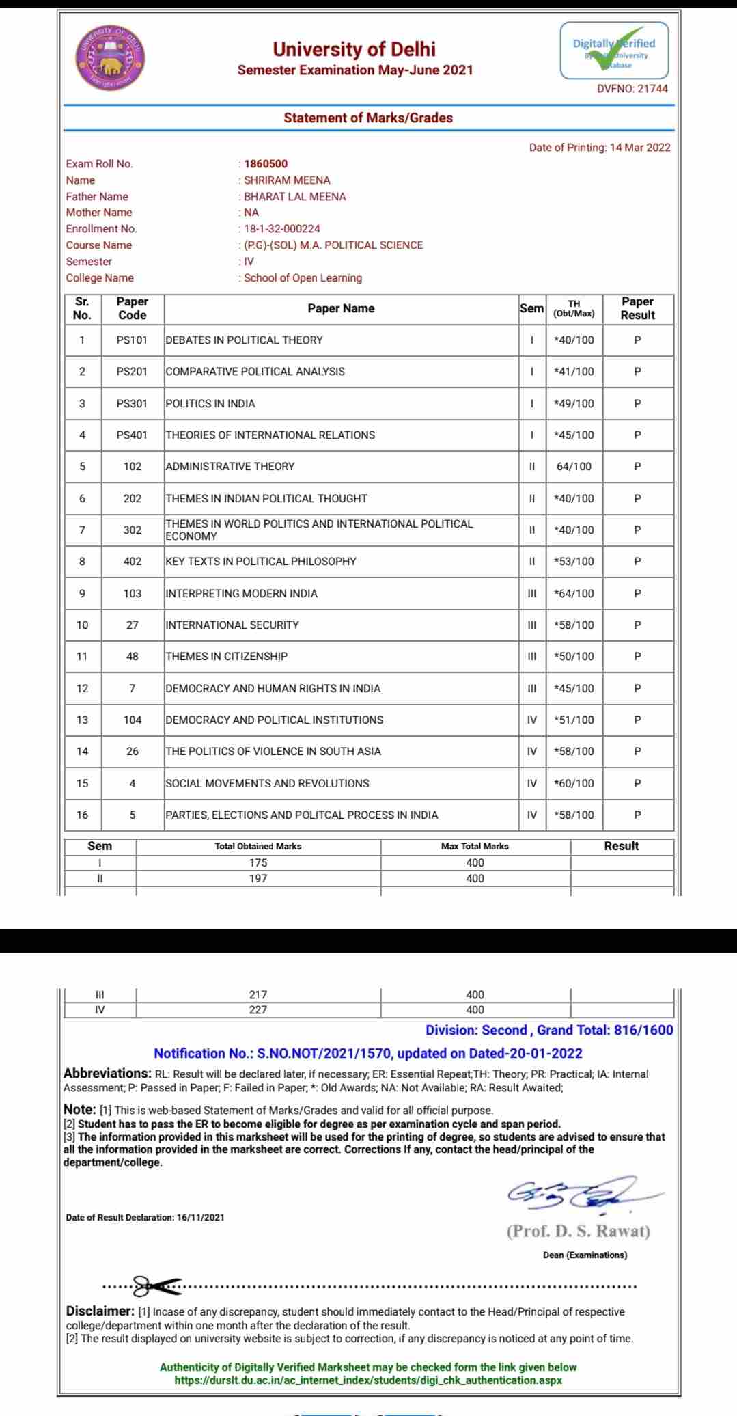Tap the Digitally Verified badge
(x=614, y=50)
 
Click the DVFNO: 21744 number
(x=632, y=89)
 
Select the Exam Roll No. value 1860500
(x=266, y=164)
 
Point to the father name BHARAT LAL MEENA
(x=294, y=197)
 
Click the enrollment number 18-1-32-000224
(x=281, y=229)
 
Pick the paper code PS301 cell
(x=132, y=404)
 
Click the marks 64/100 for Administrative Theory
(x=574, y=467)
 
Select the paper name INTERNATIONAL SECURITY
(x=232, y=625)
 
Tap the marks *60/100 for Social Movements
(x=574, y=784)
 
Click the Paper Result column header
(x=637, y=309)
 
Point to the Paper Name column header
(x=341, y=309)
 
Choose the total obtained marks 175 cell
(x=258, y=863)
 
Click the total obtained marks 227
(x=258, y=1010)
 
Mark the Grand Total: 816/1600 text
(x=604, y=1031)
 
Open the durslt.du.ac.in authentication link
(x=368, y=1380)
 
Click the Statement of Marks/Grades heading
(x=368, y=118)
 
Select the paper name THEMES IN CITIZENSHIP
(x=227, y=657)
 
